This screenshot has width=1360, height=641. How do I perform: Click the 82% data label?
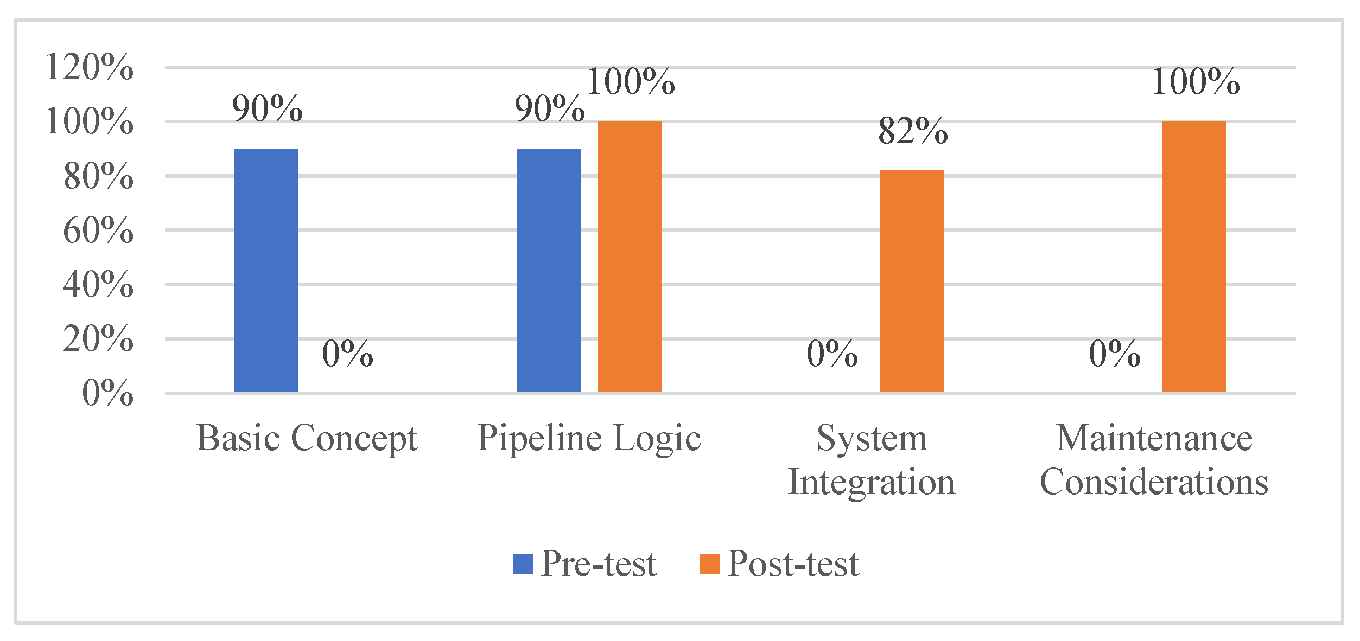tap(913, 131)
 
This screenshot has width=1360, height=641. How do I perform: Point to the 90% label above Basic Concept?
tap(267, 108)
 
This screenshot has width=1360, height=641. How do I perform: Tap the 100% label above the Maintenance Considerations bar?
tap(1196, 82)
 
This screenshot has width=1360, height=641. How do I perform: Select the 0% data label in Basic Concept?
tap(347, 354)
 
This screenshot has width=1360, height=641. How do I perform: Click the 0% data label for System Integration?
tap(832, 354)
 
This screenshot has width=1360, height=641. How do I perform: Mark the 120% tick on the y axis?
tap(90, 67)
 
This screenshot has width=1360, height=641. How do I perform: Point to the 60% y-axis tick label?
tap(98, 230)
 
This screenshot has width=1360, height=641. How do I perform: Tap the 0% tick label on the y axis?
tap(107, 393)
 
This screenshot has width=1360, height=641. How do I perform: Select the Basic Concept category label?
tap(307, 438)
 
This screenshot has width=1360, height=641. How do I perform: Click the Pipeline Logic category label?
tap(589, 438)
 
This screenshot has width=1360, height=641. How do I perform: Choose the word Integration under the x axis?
tap(871, 482)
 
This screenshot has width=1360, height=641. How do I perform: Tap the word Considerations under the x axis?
tap(1154, 482)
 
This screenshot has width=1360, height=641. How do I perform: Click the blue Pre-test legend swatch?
tap(523, 564)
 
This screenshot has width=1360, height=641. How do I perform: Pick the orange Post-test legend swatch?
tap(709, 564)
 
